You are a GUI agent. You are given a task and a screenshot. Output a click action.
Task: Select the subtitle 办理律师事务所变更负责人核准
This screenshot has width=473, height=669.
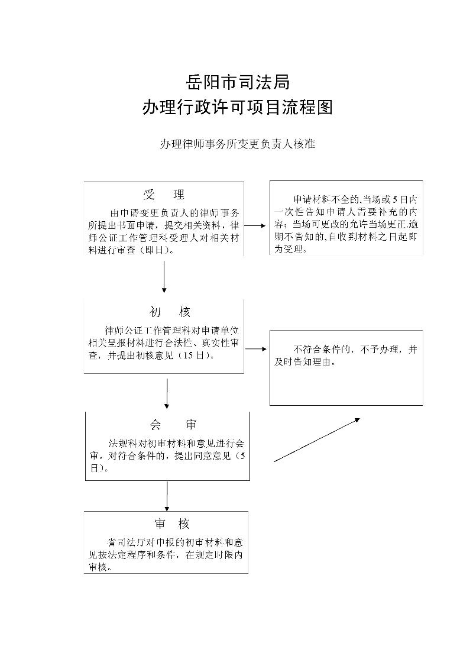tap(237, 144)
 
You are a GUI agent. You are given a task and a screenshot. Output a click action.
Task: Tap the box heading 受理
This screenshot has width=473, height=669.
tap(164, 195)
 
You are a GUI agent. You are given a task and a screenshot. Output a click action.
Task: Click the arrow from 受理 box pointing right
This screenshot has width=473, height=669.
tap(255, 225)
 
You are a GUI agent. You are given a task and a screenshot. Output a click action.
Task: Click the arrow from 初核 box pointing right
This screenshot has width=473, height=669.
tap(255, 348)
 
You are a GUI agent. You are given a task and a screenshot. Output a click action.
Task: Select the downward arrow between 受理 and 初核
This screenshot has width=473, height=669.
tap(164, 276)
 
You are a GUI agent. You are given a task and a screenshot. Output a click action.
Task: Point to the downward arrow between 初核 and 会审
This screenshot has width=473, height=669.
tap(167, 393)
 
